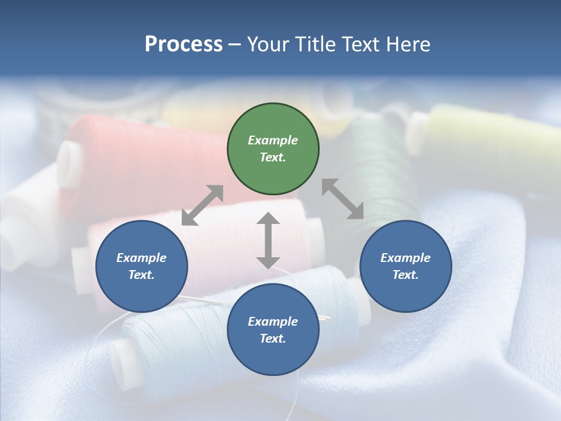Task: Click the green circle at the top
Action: (x=273, y=149)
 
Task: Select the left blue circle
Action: (x=141, y=267)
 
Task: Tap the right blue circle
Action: (x=406, y=267)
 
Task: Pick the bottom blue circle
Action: (x=273, y=330)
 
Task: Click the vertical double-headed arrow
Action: (x=268, y=240)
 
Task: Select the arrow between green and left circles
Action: (x=202, y=205)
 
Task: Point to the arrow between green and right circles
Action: (x=343, y=199)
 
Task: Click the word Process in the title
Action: (x=183, y=44)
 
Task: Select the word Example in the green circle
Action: (x=273, y=140)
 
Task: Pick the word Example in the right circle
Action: (x=406, y=258)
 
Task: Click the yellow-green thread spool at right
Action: (x=485, y=134)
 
